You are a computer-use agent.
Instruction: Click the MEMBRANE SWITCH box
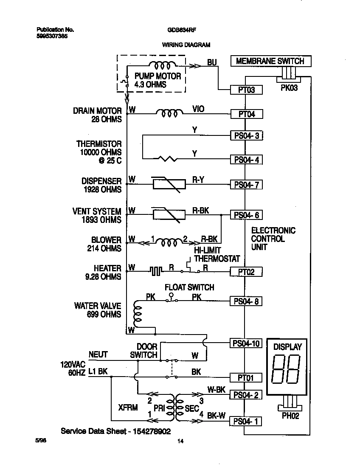[x=270, y=61]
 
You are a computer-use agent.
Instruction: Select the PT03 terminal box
[x=246, y=90]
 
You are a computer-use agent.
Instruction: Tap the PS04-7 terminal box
[x=246, y=185]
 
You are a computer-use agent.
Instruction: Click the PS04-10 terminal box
[x=246, y=343]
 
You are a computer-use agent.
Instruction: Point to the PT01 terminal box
[x=246, y=377]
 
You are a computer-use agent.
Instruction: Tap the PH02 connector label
[x=290, y=416]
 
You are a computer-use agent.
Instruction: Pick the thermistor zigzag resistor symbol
[x=168, y=159]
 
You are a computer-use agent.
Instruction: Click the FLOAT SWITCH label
[x=189, y=287]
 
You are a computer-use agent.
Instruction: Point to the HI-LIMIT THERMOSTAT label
[x=217, y=255]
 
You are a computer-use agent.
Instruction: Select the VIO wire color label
[x=198, y=109]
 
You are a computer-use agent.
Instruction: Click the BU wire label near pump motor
[x=212, y=63]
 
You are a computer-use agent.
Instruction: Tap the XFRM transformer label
[x=128, y=408]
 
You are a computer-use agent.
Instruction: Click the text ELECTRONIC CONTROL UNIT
[x=273, y=239]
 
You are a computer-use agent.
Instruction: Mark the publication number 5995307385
[x=52, y=36]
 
